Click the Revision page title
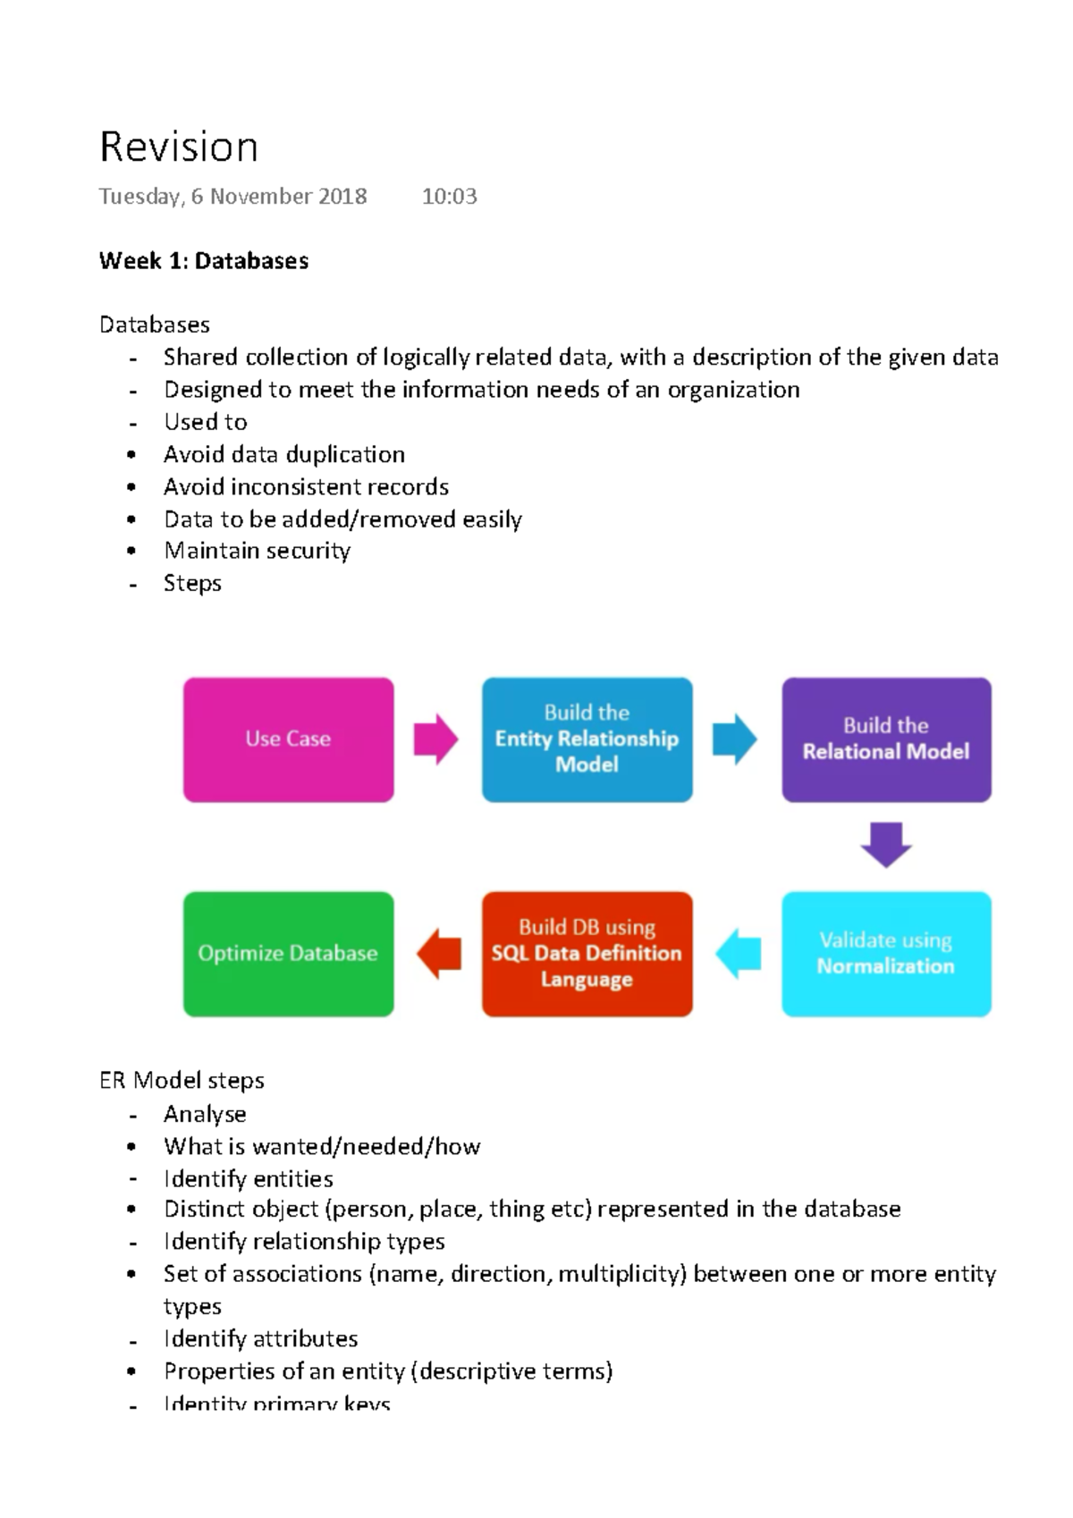tap(179, 148)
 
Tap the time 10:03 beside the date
tap(449, 197)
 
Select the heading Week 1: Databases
tap(204, 261)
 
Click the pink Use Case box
tap(288, 739)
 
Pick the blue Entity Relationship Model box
tap(587, 739)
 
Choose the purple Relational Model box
tap(886, 739)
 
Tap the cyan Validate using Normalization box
tap(886, 953)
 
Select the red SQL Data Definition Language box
tap(587, 953)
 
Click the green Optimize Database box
tap(288, 953)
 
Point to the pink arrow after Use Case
tap(435, 739)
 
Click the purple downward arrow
tap(886, 845)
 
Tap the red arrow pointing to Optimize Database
tap(439, 953)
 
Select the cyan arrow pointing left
tap(738, 953)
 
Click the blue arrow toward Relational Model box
tap(735, 739)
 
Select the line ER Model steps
tap(182, 1081)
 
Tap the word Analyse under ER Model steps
tap(205, 1115)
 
